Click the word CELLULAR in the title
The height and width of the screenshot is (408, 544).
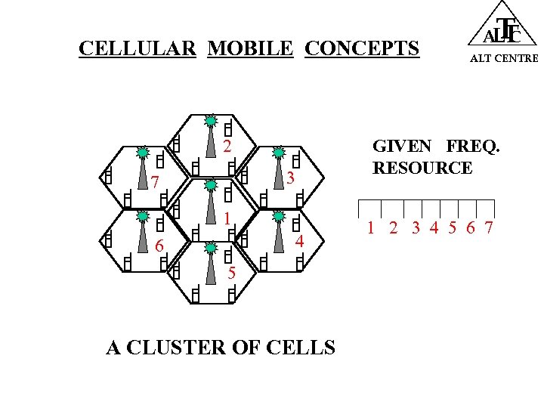pos(138,49)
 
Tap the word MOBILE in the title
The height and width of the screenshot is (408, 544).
pos(250,49)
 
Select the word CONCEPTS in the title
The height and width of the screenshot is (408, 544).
pos(361,49)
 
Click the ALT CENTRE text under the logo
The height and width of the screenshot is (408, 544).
pos(504,58)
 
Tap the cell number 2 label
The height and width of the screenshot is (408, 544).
pos(227,146)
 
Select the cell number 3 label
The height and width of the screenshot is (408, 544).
pos(290,178)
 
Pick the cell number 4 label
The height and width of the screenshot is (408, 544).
pos(299,242)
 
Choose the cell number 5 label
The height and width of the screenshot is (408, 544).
pos(231,273)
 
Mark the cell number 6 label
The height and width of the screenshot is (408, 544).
pos(159,246)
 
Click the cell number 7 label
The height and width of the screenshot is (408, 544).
pos(154,182)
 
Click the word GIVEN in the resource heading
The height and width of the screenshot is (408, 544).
pos(402,146)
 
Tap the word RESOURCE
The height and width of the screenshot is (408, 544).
pos(422,168)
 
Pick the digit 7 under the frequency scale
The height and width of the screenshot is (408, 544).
pos(489,227)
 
